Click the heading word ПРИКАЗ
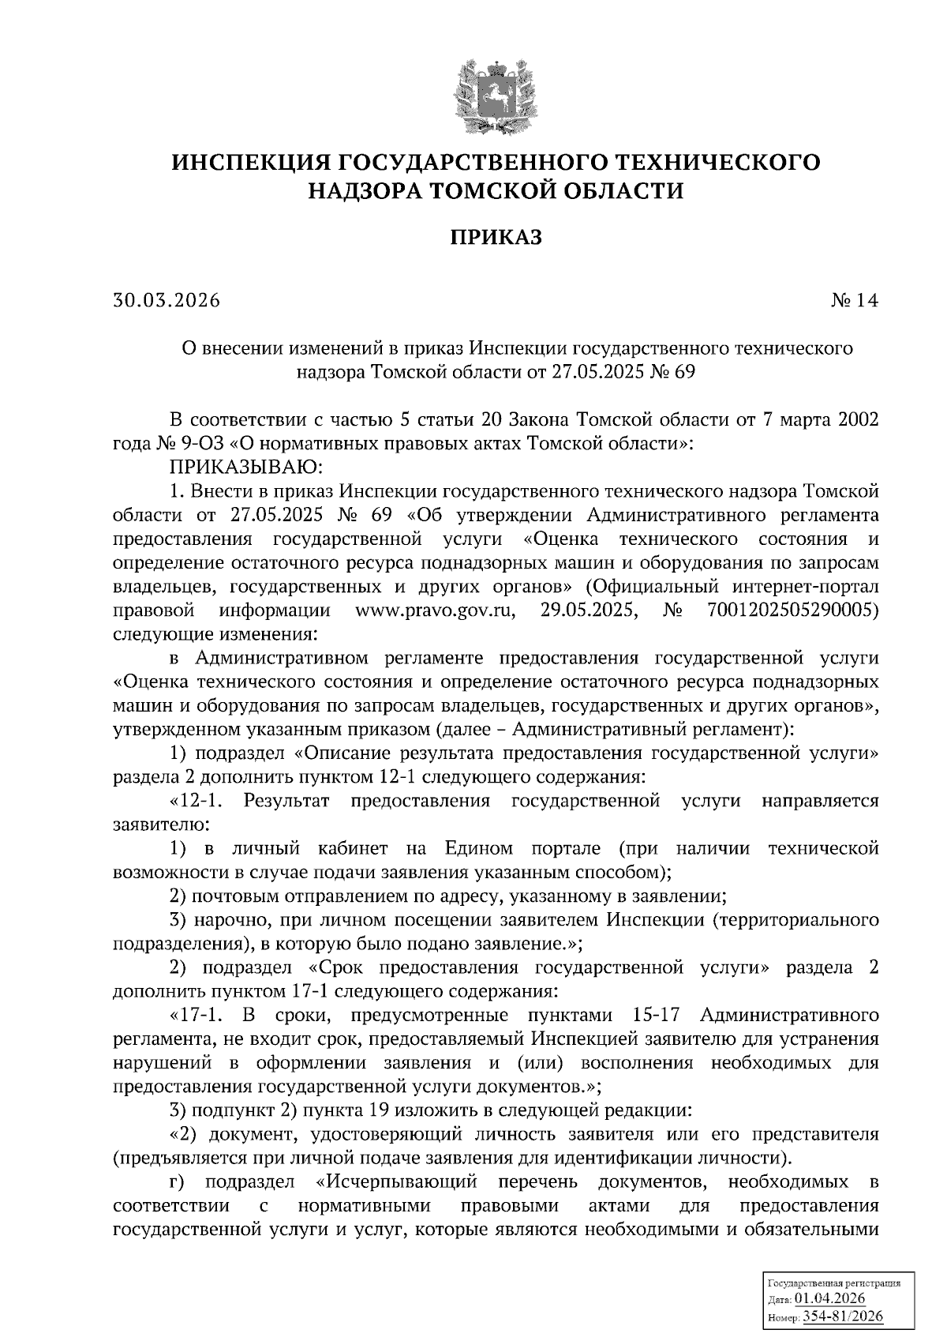496,238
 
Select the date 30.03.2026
167,300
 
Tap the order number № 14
854,300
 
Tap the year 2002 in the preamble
856,419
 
